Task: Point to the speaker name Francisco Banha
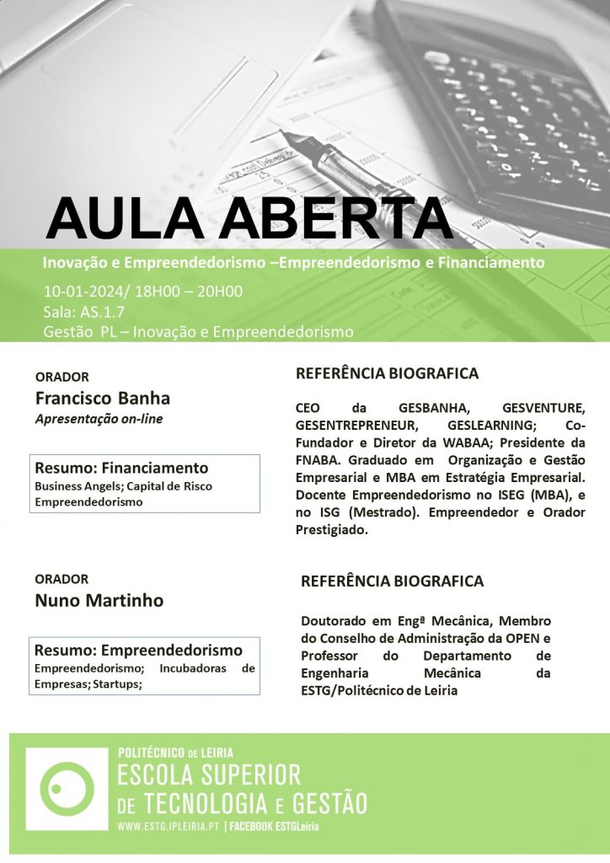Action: [x=102, y=398]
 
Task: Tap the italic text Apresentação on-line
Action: [x=99, y=419]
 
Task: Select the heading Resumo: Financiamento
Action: [x=121, y=468]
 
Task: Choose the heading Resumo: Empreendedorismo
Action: [x=138, y=650]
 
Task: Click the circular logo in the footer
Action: [x=66, y=789]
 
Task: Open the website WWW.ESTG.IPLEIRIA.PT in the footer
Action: [x=169, y=827]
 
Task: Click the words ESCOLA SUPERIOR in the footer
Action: [x=209, y=774]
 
